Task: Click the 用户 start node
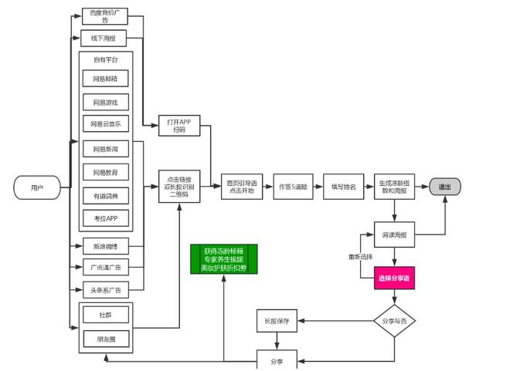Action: [x=36, y=187]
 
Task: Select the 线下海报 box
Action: [x=104, y=38]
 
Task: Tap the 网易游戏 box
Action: [x=105, y=102]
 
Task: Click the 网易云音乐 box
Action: [x=105, y=123]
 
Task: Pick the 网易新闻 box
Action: [x=105, y=149]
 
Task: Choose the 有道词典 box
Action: [x=105, y=196]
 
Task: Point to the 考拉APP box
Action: [x=105, y=218]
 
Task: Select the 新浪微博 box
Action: [x=105, y=246]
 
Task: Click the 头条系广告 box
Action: [x=105, y=290]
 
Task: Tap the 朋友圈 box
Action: [x=105, y=339]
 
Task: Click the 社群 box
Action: [x=105, y=315]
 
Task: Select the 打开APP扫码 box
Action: [x=179, y=125]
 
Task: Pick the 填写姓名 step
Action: [x=342, y=187]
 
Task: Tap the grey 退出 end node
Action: [x=445, y=187]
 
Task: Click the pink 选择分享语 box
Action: [x=394, y=278]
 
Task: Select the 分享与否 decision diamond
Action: [x=394, y=319]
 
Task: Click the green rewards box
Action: [x=223, y=259]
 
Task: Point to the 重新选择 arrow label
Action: [x=360, y=256]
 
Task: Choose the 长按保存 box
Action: [x=276, y=321]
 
